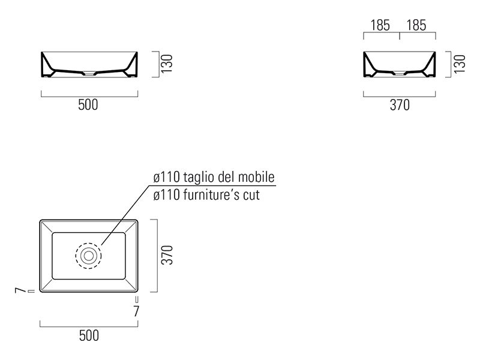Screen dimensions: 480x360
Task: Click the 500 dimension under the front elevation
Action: pos(88,104)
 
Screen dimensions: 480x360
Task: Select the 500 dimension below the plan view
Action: pos(89,335)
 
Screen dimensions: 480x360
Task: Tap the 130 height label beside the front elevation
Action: pos(167,64)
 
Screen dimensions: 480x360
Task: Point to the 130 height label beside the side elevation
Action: pos(460,64)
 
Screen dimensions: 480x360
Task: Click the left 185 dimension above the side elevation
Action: pos(380,25)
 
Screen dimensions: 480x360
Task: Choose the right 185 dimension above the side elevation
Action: pos(416,25)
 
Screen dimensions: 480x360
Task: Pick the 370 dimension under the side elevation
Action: pos(400,105)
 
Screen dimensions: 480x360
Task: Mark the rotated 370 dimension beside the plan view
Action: pos(167,254)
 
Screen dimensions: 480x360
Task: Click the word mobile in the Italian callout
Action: pos(256,177)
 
